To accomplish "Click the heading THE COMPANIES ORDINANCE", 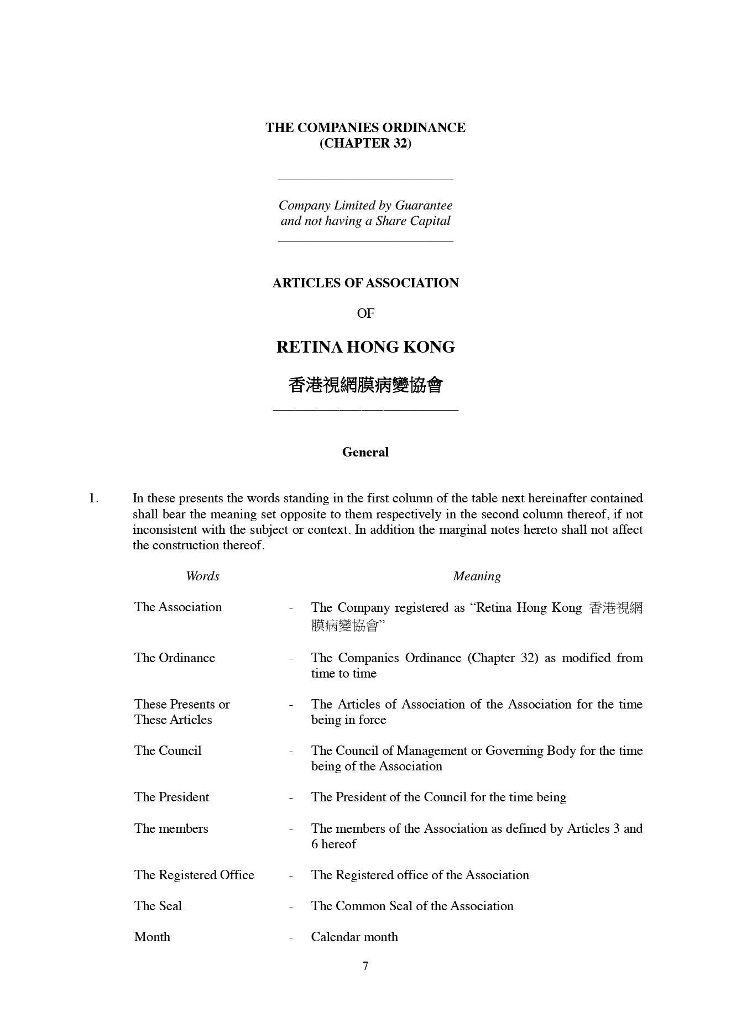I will click(x=365, y=128).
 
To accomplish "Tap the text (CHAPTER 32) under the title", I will click(x=365, y=143).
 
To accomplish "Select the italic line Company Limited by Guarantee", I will click(x=365, y=206).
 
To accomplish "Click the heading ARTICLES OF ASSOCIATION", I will click(x=365, y=283).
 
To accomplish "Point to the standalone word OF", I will click(x=365, y=313).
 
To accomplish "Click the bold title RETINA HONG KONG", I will click(x=365, y=347).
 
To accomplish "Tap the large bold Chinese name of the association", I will click(x=365, y=385).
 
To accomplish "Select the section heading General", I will click(x=365, y=452).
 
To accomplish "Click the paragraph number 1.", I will click(x=93, y=498).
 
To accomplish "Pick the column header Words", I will click(x=202, y=576).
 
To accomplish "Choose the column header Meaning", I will click(x=477, y=576).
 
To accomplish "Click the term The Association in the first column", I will click(x=177, y=607).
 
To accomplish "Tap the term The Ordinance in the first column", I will click(x=174, y=658).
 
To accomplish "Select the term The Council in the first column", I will click(x=168, y=750).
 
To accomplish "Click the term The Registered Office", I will click(x=194, y=875).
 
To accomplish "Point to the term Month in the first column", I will click(x=152, y=937).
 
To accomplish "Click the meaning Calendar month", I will click(x=354, y=937).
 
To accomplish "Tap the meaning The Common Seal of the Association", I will click(x=412, y=906).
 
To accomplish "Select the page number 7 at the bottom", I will click(x=365, y=966).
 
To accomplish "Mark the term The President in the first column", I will click(x=171, y=797).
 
